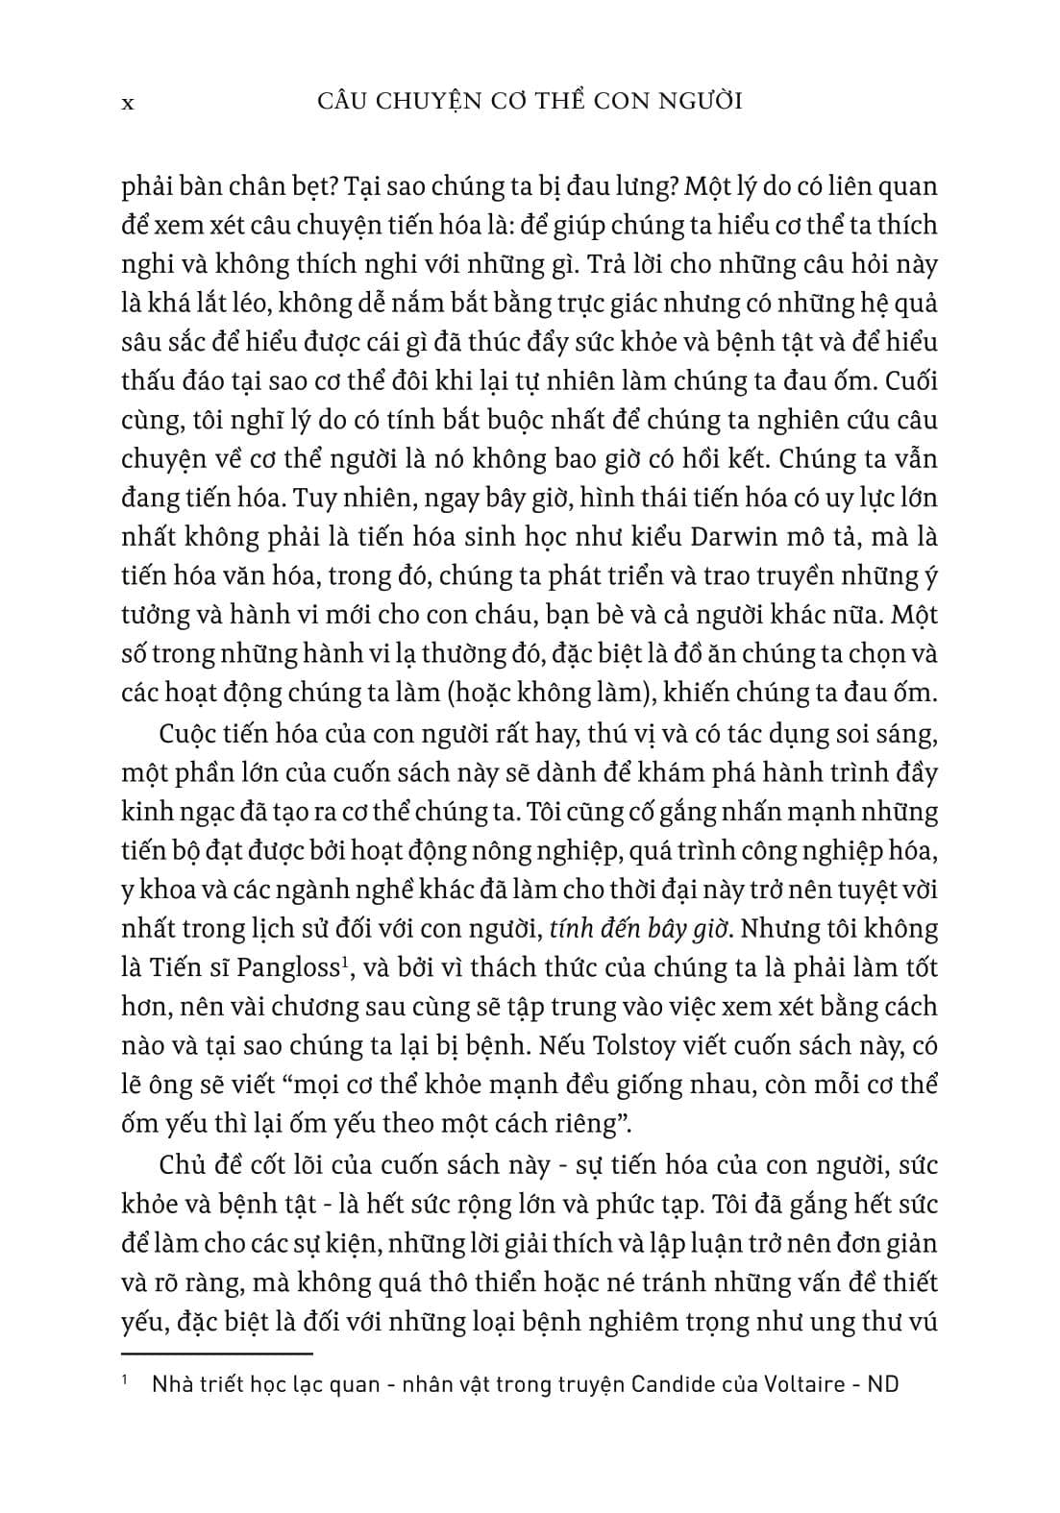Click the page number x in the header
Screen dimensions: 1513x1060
128,103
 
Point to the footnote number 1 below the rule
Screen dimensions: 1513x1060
126,1381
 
